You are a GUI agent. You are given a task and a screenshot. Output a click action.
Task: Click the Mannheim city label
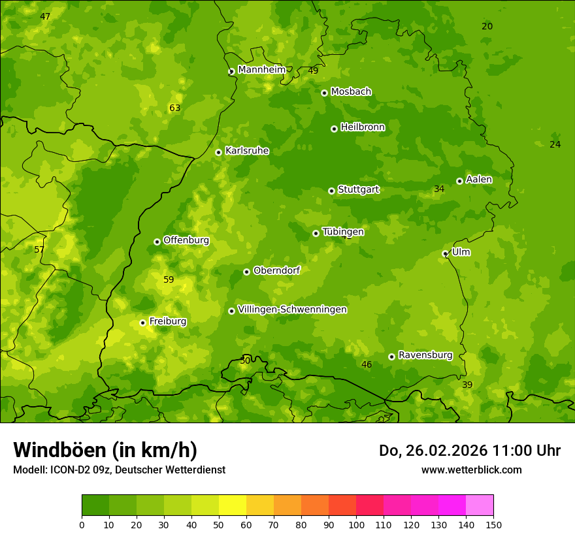261,70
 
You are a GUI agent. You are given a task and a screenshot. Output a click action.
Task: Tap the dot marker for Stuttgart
331,191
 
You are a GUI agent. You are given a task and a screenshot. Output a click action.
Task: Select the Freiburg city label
168,321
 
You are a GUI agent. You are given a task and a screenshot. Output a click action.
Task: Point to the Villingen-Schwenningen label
292,310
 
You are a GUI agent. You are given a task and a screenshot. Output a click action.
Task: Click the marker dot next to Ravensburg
391,357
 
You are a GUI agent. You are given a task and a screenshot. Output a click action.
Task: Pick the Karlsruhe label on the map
247,151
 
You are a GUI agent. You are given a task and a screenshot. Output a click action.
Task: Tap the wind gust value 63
174,108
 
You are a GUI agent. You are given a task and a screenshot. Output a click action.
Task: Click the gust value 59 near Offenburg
169,280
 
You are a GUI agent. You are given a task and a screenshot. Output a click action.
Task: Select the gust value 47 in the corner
45,16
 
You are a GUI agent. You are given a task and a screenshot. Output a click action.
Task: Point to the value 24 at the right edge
555,145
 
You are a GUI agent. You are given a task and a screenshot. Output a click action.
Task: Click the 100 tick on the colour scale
356,524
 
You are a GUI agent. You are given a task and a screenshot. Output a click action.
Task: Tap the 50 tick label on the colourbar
219,524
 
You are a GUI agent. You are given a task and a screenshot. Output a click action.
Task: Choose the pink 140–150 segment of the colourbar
480,505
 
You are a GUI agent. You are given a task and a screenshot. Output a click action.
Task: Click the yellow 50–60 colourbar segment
233,505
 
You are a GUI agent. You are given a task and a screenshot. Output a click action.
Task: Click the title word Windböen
59,450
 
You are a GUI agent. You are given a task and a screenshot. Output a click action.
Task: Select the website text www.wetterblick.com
471,470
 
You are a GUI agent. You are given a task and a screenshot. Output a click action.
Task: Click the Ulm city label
461,252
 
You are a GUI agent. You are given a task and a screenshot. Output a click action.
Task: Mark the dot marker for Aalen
459,181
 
